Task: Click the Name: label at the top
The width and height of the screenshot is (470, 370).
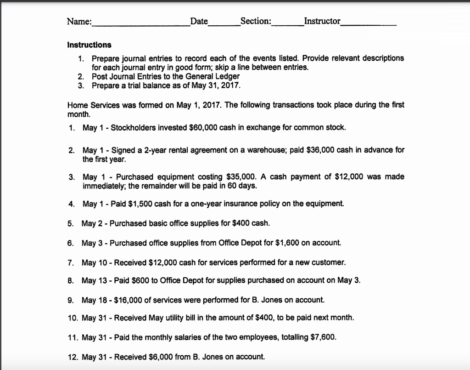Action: click(79, 22)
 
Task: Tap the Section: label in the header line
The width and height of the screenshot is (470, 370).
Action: click(256, 21)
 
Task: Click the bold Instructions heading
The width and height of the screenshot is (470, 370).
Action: click(89, 45)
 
